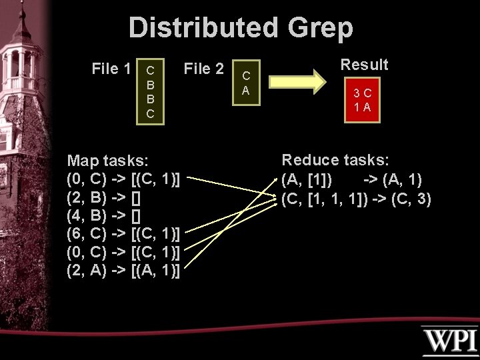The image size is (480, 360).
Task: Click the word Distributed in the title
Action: coord(204,28)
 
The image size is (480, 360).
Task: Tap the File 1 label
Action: coord(111,68)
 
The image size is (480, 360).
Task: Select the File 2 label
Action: coord(204,68)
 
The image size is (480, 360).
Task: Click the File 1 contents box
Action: coord(150,91)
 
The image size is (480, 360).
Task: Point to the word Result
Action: coord(364,65)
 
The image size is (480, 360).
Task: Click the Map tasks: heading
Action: coord(108,161)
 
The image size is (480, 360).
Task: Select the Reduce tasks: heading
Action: coord(335,160)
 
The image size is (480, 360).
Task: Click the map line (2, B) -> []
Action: coord(103,197)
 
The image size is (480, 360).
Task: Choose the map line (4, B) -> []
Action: coord(103,216)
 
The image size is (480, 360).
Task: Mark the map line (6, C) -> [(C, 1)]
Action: coord(124,234)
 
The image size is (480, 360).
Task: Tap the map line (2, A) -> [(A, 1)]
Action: coord(124,271)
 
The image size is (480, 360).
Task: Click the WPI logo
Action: coord(449,341)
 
